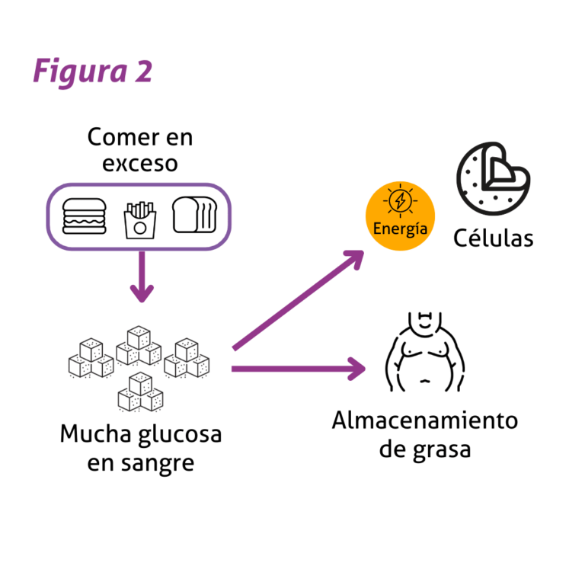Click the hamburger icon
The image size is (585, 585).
click(85, 216)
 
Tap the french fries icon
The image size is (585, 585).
click(140, 219)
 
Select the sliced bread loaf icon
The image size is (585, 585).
click(194, 215)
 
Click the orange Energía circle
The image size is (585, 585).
click(400, 216)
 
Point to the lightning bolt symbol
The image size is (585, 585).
click(401, 200)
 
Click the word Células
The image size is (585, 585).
click(494, 238)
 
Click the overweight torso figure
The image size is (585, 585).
click(425, 351)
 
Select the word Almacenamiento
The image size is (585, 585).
click(425, 420)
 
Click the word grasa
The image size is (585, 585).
click(443, 450)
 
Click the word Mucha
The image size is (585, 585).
click(95, 433)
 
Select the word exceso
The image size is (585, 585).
click(140, 164)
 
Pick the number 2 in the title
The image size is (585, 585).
click(144, 71)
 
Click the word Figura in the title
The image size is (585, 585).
click(80, 72)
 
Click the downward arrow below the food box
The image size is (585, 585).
click(142, 277)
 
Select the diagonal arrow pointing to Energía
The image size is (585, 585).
click(298, 300)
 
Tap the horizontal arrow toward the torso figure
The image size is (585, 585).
click(299, 369)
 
